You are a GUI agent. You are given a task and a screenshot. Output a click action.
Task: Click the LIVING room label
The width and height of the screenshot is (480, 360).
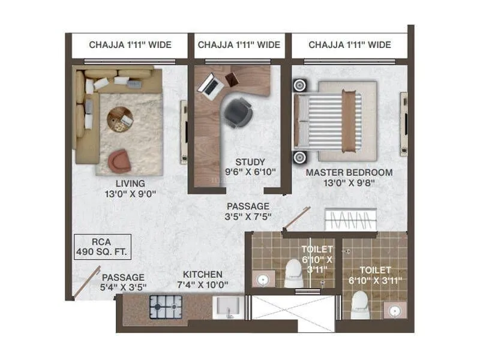[x=130, y=183]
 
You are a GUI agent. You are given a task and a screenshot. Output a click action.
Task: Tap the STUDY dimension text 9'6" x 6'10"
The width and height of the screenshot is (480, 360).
[x=250, y=172]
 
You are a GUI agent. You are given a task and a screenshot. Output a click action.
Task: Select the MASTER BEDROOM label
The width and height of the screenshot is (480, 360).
[x=349, y=172]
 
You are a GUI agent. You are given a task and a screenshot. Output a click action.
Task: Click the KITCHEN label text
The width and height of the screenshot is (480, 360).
[x=203, y=274]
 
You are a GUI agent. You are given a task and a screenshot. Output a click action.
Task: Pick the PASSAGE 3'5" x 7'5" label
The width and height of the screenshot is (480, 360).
[x=247, y=212]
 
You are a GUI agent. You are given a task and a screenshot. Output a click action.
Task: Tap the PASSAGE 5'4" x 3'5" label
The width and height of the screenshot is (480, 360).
[x=122, y=283]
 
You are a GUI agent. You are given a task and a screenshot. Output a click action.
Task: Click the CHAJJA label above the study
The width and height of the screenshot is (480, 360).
[x=239, y=45]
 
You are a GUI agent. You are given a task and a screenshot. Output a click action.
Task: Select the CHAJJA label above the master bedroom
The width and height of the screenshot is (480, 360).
[x=349, y=45]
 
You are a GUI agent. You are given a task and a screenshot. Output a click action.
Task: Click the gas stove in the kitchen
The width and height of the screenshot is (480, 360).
[x=161, y=308]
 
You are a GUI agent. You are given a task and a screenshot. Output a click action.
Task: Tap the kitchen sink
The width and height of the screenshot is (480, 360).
[x=227, y=308]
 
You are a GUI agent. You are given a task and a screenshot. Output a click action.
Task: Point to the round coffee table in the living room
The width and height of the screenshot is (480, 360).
[x=121, y=119]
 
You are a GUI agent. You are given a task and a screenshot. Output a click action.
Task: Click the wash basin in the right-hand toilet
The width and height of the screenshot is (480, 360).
[x=394, y=310]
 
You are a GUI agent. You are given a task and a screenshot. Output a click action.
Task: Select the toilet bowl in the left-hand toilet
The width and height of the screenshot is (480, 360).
[x=294, y=273]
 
